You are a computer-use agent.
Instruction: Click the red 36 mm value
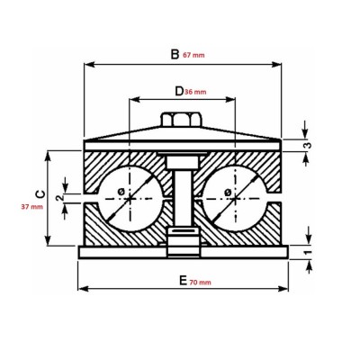195,92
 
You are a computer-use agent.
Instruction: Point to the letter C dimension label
38,193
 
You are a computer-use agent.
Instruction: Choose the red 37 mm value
31,207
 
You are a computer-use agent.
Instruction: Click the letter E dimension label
184,280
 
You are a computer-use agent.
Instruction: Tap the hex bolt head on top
179,120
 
